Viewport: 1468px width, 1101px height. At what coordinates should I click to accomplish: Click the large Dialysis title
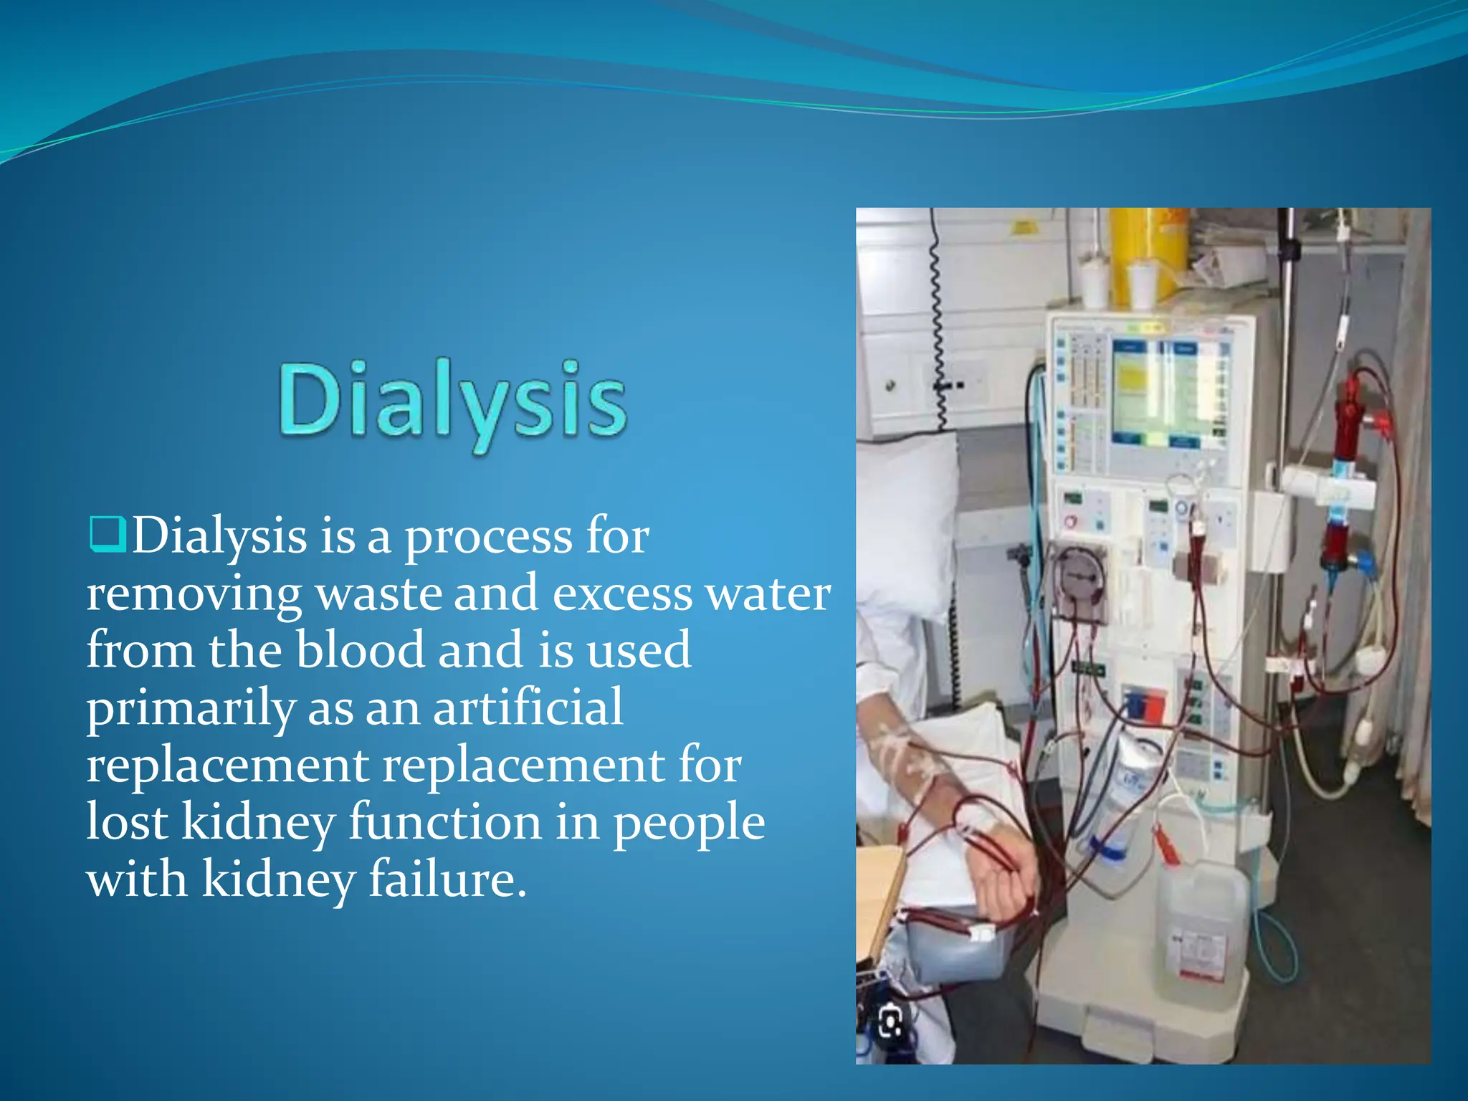point(453,401)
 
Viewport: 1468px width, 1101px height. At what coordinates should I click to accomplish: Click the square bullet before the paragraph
point(108,534)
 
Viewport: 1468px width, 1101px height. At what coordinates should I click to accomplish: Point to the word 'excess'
point(621,595)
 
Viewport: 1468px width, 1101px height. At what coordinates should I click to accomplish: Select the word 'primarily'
point(191,708)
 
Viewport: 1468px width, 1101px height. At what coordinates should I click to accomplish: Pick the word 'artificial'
point(528,708)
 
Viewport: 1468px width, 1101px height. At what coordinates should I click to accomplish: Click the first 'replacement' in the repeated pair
point(227,766)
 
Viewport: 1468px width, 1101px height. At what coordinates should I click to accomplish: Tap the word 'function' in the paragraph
point(445,822)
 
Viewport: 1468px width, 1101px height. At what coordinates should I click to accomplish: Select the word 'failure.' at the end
point(448,880)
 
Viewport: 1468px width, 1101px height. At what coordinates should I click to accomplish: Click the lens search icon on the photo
point(890,1021)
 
